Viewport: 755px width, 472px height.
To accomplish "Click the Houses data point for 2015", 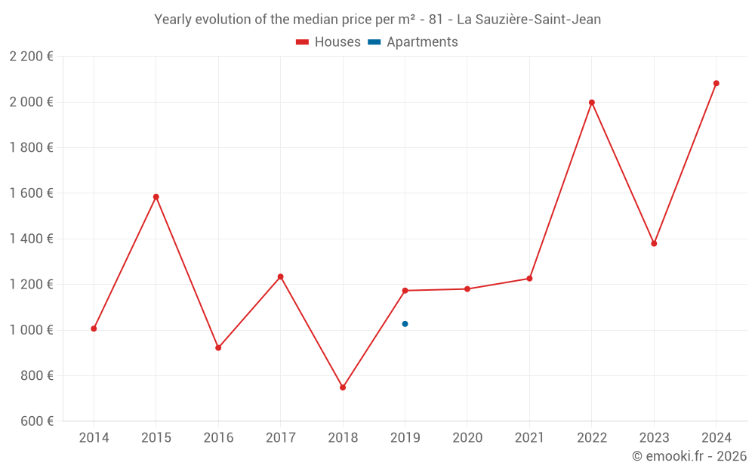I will click(x=156, y=197).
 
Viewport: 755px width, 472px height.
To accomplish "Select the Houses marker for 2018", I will click(x=343, y=387).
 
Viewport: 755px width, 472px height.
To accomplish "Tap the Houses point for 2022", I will click(x=592, y=103).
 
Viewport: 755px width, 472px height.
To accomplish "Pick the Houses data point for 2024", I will click(x=716, y=83).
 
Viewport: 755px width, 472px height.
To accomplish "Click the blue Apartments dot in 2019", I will click(x=405, y=324).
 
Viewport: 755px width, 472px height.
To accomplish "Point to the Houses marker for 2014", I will click(x=94, y=329).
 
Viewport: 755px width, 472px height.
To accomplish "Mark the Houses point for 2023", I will click(x=654, y=243).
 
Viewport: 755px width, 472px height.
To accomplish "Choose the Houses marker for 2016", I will click(x=218, y=348).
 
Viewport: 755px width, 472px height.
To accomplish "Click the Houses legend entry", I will click(x=328, y=42).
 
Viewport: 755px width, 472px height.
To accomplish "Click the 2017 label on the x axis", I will click(x=281, y=438).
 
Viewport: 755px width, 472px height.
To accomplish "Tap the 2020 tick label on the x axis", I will click(x=467, y=438).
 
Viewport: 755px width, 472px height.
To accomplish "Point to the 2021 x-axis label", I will click(x=529, y=438).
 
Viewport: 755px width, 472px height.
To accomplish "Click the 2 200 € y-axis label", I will click(x=31, y=57).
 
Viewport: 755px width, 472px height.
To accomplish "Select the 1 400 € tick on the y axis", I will click(x=31, y=239).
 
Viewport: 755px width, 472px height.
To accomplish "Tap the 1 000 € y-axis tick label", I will click(x=31, y=330).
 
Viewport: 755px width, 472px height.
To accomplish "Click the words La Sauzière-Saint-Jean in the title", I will click(x=529, y=20).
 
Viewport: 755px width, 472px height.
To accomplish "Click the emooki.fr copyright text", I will click(x=689, y=456).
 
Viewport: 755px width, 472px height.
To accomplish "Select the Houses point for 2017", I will click(x=281, y=276).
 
